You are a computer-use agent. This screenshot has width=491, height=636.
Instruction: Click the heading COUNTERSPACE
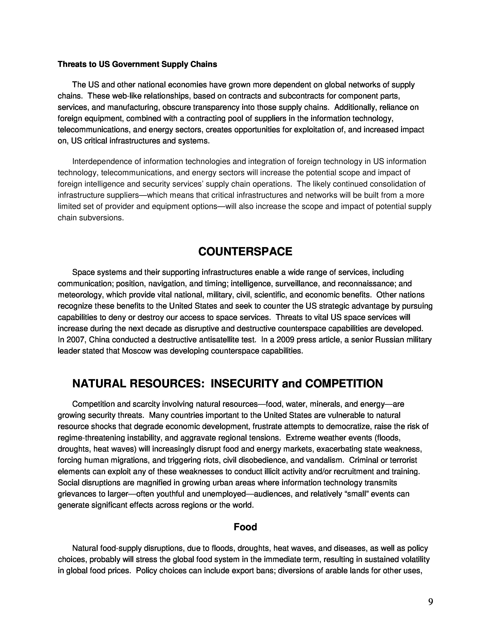[x=245, y=252]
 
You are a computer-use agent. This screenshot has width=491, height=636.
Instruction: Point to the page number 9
[x=431, y=602]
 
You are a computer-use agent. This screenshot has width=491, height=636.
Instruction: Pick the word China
[x=99, y=340]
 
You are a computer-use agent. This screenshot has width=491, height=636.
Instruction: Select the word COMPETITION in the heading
[x=344, y=384]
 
